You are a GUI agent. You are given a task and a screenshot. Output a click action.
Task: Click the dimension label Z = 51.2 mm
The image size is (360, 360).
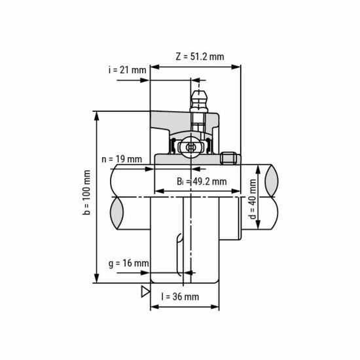(200, 56)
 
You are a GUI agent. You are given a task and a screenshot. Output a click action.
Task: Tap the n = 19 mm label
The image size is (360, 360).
(122, 158)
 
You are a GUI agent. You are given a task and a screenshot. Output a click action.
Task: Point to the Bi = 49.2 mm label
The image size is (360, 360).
(202, 181)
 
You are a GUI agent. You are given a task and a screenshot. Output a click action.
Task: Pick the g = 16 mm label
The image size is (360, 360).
(127, 263)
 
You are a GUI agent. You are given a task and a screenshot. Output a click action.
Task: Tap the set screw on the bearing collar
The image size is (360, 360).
(228, 158)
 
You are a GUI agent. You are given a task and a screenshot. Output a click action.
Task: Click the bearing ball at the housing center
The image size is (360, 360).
(191, 147)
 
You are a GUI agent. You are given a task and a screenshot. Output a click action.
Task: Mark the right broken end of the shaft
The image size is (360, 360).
(272, 196)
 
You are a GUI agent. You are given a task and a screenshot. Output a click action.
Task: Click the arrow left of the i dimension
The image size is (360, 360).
(145, 81)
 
